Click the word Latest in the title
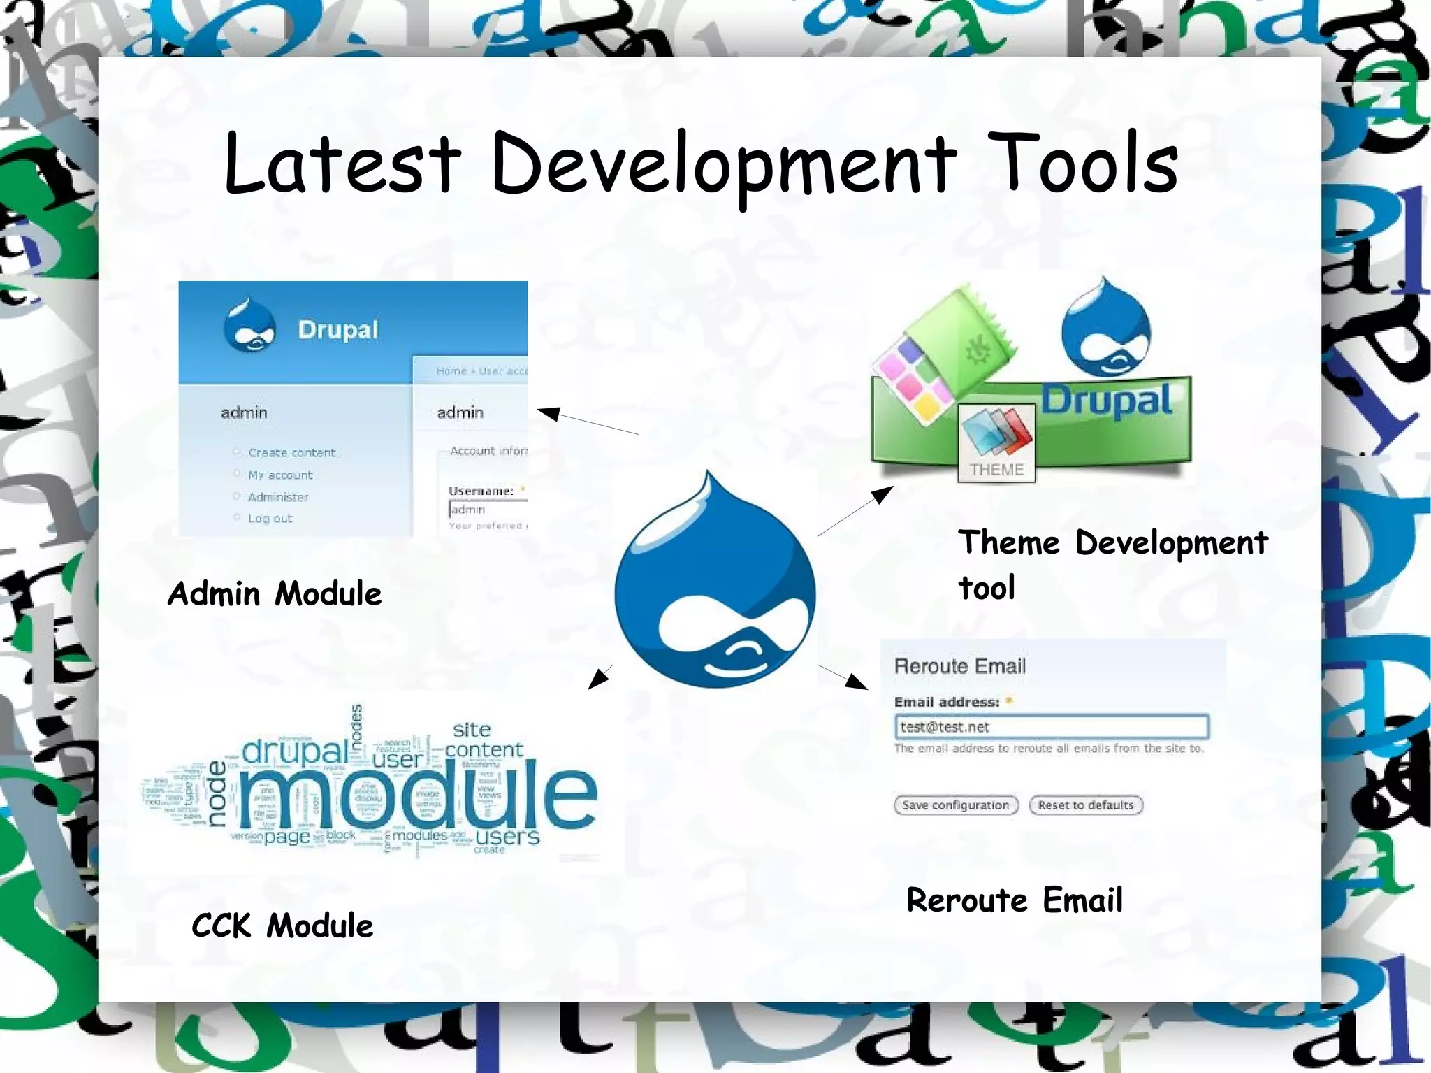click(x=342, y=164)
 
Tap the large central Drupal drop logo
click(x=715, y=587)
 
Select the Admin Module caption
click(x=275, y=594)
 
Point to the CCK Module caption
click(x=282, y=926)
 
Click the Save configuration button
click(x=955, y=805)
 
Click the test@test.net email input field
click(x=1051, y=727)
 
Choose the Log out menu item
click(x=270, y=519)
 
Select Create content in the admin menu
click(x=291, y=453)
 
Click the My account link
click(x=280, y=475)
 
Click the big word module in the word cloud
click(x=418, y=797)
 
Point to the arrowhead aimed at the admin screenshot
click(x=549, y=413)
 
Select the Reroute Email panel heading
click(x=960, y=666)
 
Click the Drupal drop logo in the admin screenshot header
click(x=249, y=326)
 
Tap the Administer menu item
click(x=278, y=497)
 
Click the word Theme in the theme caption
click(x=1009, y=543)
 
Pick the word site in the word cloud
click(x=472, y=730)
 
